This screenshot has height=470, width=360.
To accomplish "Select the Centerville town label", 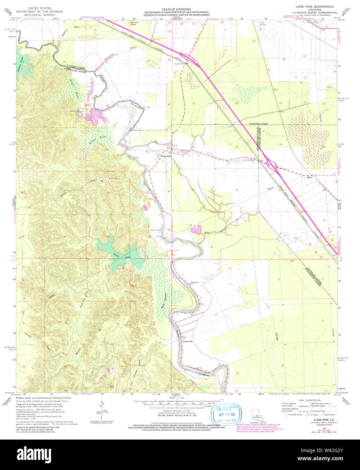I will pos(188,342).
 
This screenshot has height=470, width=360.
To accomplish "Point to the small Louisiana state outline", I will pos(258,415).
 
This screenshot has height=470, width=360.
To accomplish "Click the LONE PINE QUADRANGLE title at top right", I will pos(314,6).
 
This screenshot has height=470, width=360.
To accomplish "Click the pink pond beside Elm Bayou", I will pos(195,230).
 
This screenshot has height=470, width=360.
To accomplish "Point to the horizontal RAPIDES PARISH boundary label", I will pos(258,124).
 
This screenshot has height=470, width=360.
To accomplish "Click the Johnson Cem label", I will pos(155,230).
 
